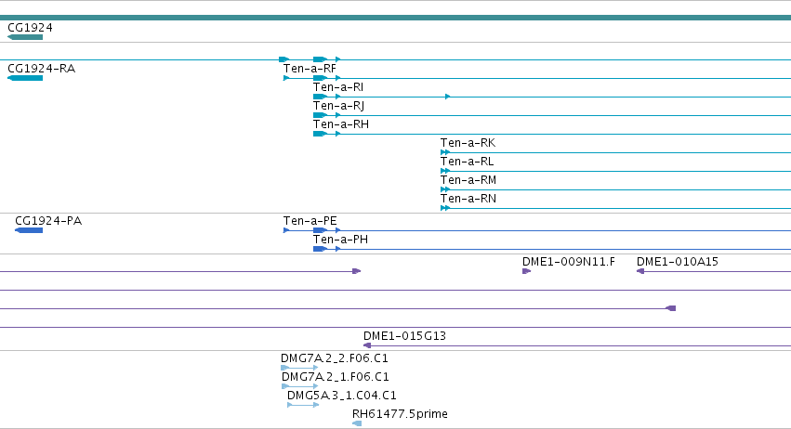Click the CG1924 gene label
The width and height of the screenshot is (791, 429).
tap(30, 28)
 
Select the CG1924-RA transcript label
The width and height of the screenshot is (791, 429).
tap(42, 69)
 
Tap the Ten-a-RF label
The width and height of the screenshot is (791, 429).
tap(310, 69)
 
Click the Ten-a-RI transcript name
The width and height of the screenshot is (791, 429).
tap(338, 87)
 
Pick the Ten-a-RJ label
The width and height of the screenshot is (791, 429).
tap(338, 106)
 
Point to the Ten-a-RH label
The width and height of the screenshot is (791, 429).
tap(341, 124)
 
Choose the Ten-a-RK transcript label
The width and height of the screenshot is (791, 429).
tap(468, 143)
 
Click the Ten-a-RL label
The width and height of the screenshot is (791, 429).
tap(468, 162)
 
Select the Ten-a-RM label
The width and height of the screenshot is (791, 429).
tap(468, 180)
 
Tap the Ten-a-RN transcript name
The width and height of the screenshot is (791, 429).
tap(468, 199)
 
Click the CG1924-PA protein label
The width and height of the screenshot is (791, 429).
tap(48, 221)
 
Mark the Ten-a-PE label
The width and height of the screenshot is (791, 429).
tap(310, 221)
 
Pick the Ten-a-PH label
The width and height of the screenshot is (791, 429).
tap(340, 240)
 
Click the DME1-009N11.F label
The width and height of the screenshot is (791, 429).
tap(569, 262)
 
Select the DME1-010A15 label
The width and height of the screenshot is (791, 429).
tap(678, 262)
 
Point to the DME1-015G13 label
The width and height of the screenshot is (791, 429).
tap(404, 336)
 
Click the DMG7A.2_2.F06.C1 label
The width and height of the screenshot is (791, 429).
tap(335, 358)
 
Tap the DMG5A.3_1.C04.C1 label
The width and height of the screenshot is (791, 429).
tap(342, 396)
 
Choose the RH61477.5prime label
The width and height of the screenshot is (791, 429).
tap(400, 414)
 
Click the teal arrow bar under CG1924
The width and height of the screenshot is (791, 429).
tap(25, 37)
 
